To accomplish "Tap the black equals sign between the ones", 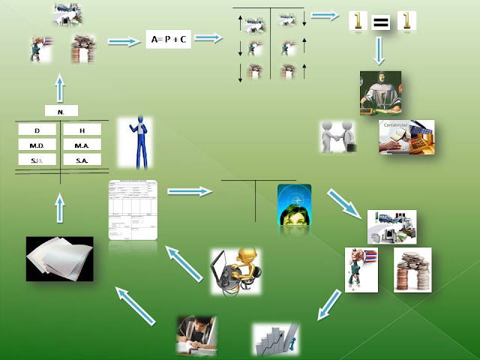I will pyautogui.click(x=381, y=22).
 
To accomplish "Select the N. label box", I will pyautogui.click(x=60, y=112).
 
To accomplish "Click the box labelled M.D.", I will pyautogui.click(x=37, y=145).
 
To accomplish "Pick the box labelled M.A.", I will pyautogui.click(x=82, y=145).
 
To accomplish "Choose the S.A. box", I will pyautogui.click(x=82, y=160).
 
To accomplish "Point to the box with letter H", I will pyautogui.click(x=82, y=130).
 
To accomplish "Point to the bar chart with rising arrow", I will pyautogui.click(x=275, y=339).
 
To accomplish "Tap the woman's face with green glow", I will pyautogui.click(x=293, y=205).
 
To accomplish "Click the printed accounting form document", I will pyautogui.click(x=133, y=209).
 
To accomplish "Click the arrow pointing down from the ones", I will pyautogui.click(x=379, y=50).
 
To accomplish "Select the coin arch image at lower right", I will pyautogui.click(x=413, y=269).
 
